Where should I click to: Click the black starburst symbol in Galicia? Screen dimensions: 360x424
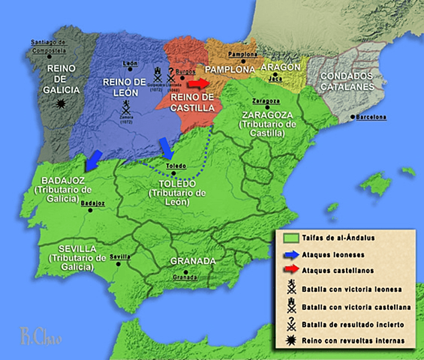pos(55,108)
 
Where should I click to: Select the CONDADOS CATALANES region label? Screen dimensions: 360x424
pos(351,81)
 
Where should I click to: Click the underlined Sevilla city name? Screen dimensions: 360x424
pos(120,256)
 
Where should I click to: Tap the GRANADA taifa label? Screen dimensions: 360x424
pos(194,261)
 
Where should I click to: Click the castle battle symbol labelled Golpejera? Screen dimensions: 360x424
pos(157,73)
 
